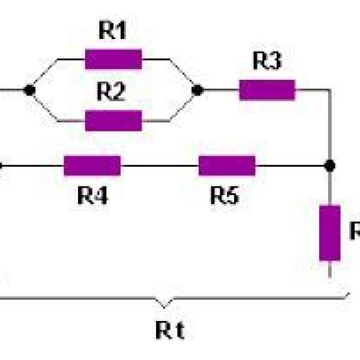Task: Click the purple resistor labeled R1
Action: coord(113,59)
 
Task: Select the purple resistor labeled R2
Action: coord(113,120)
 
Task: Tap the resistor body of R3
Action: coord(267,90)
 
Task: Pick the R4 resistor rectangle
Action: coord(92,166)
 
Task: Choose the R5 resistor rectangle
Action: coord(227,166)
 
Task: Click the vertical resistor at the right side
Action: coord(329,233)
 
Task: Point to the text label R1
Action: coord(113,32)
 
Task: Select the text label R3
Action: coord(266,62)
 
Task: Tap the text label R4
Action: coord(92,196)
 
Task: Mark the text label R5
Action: coord(225,196)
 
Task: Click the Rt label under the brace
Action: coord(170,329)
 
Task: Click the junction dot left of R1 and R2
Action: coord(28,90)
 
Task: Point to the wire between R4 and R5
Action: coord(159,166)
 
